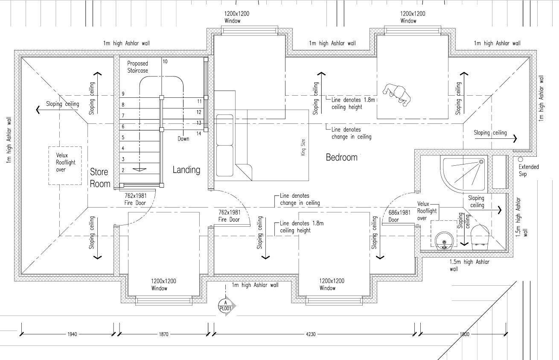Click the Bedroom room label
pos(341,158)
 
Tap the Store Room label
pos(100,178)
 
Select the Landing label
pos(186,170)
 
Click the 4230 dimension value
pos(311,334)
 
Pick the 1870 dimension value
pos(163,334)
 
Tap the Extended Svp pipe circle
pos(520,159)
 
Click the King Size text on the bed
pos(303,146)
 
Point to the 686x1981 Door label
pos(399,216)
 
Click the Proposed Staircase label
pos(137,67)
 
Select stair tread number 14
pos(198,134)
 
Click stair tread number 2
pos(123,170)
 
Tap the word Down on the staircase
pos(183,139)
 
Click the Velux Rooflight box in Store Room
pos(65,166)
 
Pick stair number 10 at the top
pos(165,61)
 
